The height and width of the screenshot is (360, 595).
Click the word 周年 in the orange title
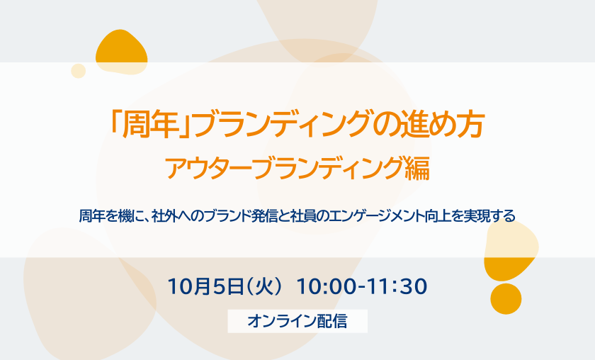click(x=151, y=125)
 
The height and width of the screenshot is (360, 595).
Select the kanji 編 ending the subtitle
click(x=417, y=168)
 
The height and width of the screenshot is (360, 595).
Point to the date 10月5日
click(x=205, y=286)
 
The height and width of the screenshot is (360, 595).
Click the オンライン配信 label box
click(x=297, y=321)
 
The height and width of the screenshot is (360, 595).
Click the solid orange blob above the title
click(x=121, y=52)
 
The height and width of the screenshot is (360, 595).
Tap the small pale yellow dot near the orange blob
click(x=78, y=71)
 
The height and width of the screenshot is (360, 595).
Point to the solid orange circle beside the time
click(x=506, y=299)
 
